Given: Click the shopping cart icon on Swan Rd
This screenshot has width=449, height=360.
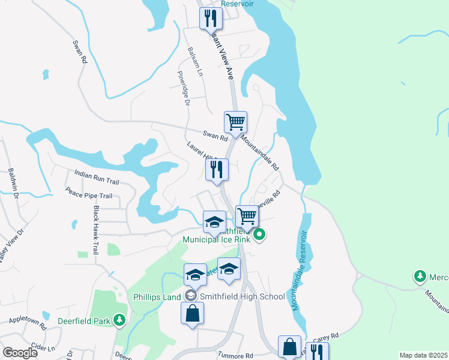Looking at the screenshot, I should pyautogui.click(x=235, y=122).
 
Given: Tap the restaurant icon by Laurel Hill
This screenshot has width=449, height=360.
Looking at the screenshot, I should pyautogui.click(x=217, y=169).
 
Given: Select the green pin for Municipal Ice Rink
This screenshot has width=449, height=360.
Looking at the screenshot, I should pyautogui.click(x=259, y=235).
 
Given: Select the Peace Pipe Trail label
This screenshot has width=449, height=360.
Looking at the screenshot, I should pyautogui.click(x=89, y=196).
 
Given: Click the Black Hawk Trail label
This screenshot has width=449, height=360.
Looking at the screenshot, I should pyautogui.click(x=95, y=231).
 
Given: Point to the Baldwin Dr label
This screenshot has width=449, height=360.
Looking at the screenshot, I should pyautogui.click(x=14, y=184).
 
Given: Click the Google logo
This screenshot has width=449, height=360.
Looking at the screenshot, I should pyautogui.click(x=20, y=353).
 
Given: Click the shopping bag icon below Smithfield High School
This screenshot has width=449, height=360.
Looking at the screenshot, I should pyautogui.click(x=192, y=313).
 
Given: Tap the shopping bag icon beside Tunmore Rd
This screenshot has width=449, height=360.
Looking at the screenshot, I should pyautogui.click(x=289, y=346).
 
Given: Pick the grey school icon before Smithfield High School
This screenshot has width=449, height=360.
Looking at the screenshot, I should pyautogui.click(x=190, y=295).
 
